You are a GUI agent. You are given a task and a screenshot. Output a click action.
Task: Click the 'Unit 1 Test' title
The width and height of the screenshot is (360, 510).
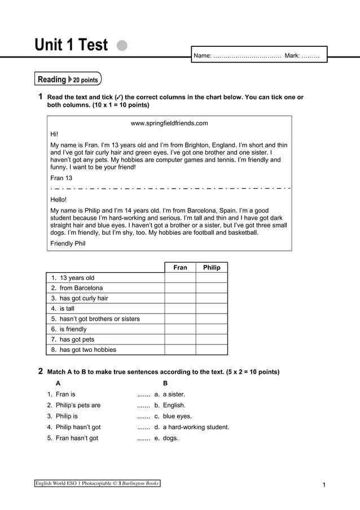pos(71,45)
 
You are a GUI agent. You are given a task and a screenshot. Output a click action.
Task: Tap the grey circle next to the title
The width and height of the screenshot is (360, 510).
pos(122,45)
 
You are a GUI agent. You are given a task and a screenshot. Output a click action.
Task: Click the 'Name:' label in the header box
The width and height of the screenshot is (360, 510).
pos(203,56)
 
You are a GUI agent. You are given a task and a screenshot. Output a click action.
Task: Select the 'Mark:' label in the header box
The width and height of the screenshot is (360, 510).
pos(292,56)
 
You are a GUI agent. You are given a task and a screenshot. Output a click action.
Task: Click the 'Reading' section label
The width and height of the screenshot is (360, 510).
pos(51,80)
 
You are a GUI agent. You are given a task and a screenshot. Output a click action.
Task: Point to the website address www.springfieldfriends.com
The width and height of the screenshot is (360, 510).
pos(169,123)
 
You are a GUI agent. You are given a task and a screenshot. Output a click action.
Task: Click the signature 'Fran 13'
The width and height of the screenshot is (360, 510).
pos(62,178)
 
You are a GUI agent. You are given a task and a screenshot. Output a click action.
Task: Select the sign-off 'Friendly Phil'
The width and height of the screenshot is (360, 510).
pos(68,243)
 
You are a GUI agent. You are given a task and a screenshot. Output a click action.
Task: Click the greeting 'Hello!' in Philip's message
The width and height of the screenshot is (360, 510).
pos(59,199)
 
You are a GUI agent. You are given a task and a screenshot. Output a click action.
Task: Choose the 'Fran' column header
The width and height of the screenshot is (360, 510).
pos(180,267)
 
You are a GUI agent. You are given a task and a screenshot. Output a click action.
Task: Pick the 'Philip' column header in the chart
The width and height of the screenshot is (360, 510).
pos(212,267)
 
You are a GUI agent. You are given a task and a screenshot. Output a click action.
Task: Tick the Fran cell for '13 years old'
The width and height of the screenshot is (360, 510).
pos(180,278)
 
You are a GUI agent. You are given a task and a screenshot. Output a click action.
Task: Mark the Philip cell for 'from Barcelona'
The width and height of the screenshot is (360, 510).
pos(212,288)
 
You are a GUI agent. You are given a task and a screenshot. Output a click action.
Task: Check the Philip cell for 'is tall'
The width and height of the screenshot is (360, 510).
pos(212,309)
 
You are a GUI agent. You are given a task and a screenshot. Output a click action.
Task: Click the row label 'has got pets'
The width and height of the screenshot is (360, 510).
pos(77,339)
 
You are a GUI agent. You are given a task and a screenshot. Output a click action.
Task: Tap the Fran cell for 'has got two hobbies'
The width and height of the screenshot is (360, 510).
pos(180,350)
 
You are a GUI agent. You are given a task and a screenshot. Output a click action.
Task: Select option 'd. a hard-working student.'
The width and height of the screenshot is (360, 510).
pos(191,427)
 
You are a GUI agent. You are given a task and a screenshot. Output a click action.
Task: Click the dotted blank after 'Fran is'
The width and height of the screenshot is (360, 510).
pos(143,395)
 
